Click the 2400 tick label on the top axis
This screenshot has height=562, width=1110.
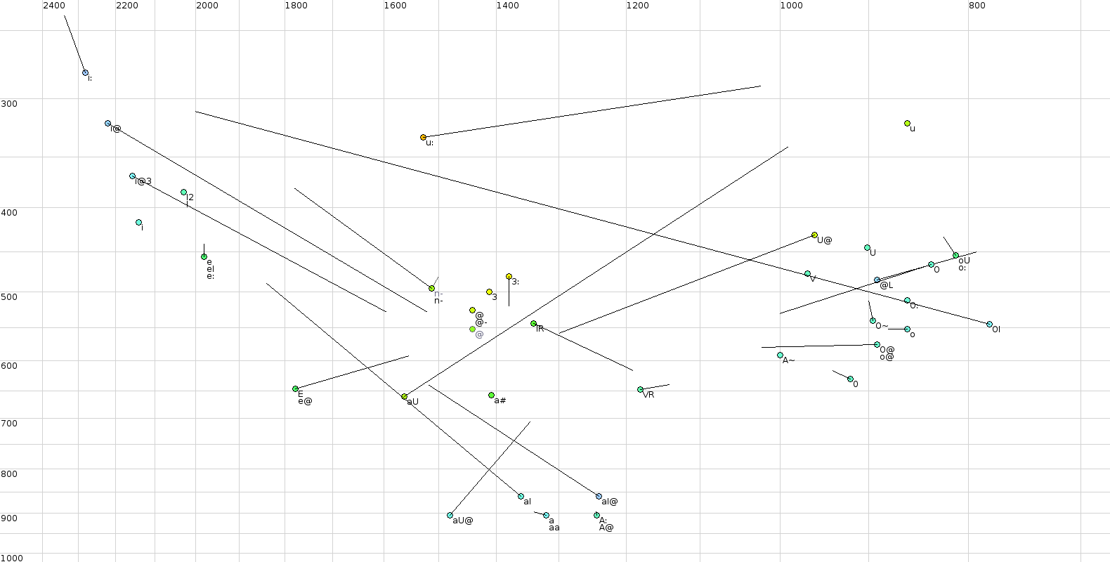tap(54, 6)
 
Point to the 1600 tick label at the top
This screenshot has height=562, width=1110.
tap(395, 6)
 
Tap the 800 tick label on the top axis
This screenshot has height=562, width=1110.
tap(977, 6)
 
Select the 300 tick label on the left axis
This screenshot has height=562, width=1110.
tap(9, 104)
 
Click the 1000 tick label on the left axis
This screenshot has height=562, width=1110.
tap(12, 558)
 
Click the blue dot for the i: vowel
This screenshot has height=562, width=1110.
tap(85, 73)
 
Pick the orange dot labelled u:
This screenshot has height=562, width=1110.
tap(423, 138)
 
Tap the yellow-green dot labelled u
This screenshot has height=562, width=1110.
tap(907, 124)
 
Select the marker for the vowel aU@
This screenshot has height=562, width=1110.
tap(450, 516)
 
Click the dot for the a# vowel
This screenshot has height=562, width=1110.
tap(491, 396)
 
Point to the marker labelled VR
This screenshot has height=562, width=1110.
tap(640, 390)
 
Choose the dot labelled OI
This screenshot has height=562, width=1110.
tap(989, 325)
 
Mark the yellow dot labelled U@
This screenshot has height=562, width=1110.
tap(814, 235)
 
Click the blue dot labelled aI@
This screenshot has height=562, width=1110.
tap(599, 497)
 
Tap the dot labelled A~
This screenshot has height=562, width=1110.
tap(780, 355)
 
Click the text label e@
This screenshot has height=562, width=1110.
tap(305, 401)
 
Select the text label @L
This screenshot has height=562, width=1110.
tap(887, 285)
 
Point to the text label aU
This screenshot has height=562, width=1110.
tap(413, 402)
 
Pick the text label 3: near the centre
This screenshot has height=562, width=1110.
tap(516, 282)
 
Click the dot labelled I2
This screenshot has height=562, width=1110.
tap(183, 192)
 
